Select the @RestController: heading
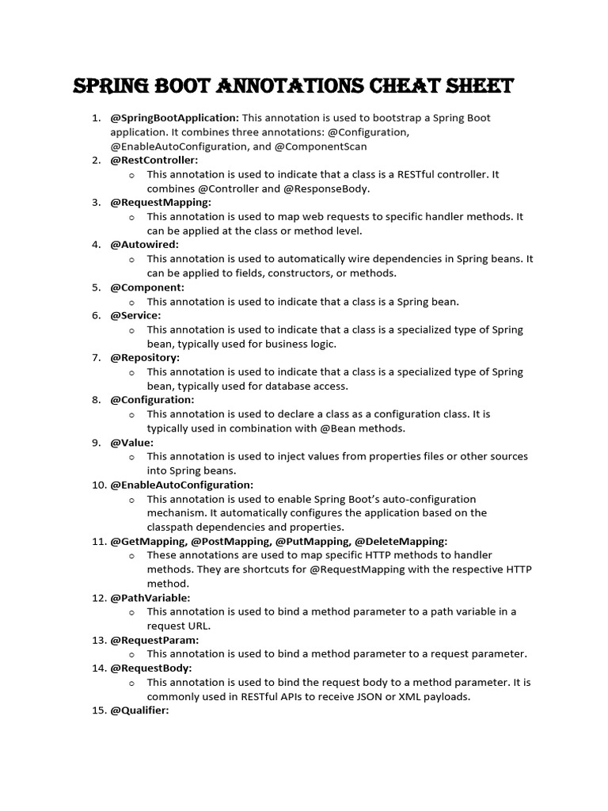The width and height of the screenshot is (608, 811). pos(154,160)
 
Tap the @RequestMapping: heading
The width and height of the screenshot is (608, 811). pos(161,202)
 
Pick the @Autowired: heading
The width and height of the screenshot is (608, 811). pos(144,245)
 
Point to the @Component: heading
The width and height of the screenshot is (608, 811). pos(147,287)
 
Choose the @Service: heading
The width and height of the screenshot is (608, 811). pos(135,315)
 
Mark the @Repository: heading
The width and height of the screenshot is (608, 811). pos(145,358)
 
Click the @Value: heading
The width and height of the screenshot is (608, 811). pos(131,443)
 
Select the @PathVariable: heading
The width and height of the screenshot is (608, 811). pos(150,598)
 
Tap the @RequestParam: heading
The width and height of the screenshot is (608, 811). pos(154,640)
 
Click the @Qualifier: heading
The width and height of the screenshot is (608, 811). pos(140,711)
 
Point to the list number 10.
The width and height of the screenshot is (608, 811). pos(98,485)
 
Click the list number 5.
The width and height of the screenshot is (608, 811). pos(96,287)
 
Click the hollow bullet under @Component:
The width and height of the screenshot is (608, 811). pos(131,302)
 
